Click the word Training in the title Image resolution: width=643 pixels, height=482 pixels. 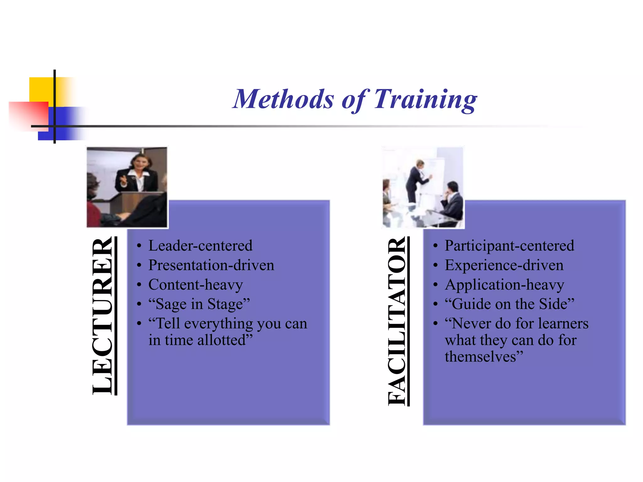point(425,99)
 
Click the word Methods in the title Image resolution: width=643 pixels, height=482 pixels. point(283,99)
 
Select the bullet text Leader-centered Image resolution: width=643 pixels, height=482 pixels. point(200,246)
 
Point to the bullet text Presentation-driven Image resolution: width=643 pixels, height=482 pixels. point(211,265)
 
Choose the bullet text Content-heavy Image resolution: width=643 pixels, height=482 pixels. point(196,285)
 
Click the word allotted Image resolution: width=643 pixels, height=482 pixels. point(225,340)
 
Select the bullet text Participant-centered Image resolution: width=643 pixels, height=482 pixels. point(509,246)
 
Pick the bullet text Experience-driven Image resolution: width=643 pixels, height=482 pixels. point(504,265)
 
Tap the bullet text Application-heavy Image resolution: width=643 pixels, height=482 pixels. point(504,285)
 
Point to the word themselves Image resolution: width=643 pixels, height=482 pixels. point(480,357)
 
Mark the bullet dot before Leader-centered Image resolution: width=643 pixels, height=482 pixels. point(139,246)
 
